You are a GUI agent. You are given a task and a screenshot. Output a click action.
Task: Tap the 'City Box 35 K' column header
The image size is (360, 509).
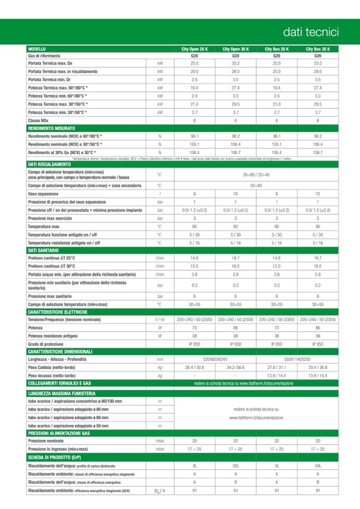318,49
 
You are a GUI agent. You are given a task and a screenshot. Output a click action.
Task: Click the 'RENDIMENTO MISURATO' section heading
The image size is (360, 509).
52,128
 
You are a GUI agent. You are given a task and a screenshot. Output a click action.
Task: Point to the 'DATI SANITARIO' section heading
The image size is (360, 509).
43,250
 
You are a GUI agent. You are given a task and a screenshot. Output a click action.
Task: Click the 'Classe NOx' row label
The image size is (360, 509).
38,120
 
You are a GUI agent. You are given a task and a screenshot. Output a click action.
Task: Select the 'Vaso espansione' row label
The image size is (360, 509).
44,194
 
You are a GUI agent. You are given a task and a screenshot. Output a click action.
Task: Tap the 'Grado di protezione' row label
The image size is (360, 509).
48,344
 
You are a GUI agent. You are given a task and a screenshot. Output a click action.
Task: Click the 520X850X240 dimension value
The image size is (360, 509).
215,359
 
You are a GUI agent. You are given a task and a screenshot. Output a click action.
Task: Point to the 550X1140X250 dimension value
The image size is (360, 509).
297,359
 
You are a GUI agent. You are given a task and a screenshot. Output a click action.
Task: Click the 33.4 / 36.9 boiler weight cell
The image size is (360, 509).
318,367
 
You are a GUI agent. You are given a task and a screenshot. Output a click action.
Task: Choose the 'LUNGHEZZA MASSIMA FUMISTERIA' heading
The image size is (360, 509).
62,393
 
